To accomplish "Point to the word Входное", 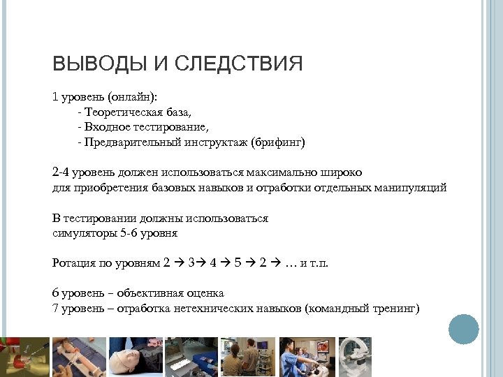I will (105, 127).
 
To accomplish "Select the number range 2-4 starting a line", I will (61, 172).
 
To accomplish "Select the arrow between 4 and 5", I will (224, 263).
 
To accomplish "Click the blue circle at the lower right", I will (463, 328).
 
